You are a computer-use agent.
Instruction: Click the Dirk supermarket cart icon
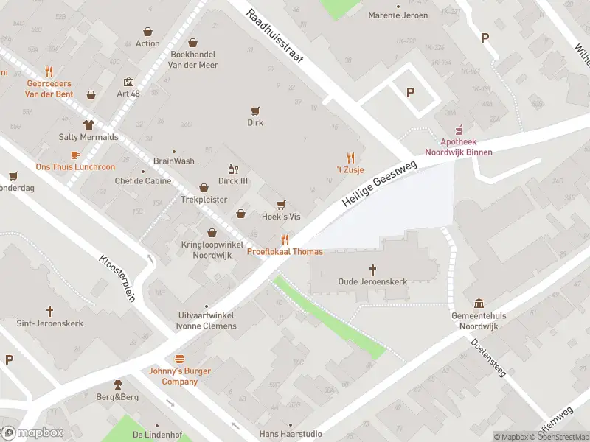[x=255, y=111]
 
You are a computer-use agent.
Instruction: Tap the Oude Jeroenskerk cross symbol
[x=372, y=270]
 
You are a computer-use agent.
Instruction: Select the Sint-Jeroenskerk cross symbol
[x=50, y=312]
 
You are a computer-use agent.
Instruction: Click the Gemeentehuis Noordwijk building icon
[x=479, y=304]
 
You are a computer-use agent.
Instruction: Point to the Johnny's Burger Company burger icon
[x=179, y=359]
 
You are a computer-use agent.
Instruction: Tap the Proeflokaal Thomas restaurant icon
[x=285, y=239]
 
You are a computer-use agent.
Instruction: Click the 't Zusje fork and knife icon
[x=350, y=158]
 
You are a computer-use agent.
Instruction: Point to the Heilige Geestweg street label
[x=380, y=184]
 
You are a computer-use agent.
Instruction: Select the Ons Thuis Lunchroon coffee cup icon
[x=74, y=155]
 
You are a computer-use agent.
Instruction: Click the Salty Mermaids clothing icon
[x=88, y=124]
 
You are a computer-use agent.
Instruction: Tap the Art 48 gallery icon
[x=128, y=82]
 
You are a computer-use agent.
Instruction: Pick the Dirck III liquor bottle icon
[x=232, y=169]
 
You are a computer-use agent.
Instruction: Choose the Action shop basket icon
[x=147, y=32]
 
